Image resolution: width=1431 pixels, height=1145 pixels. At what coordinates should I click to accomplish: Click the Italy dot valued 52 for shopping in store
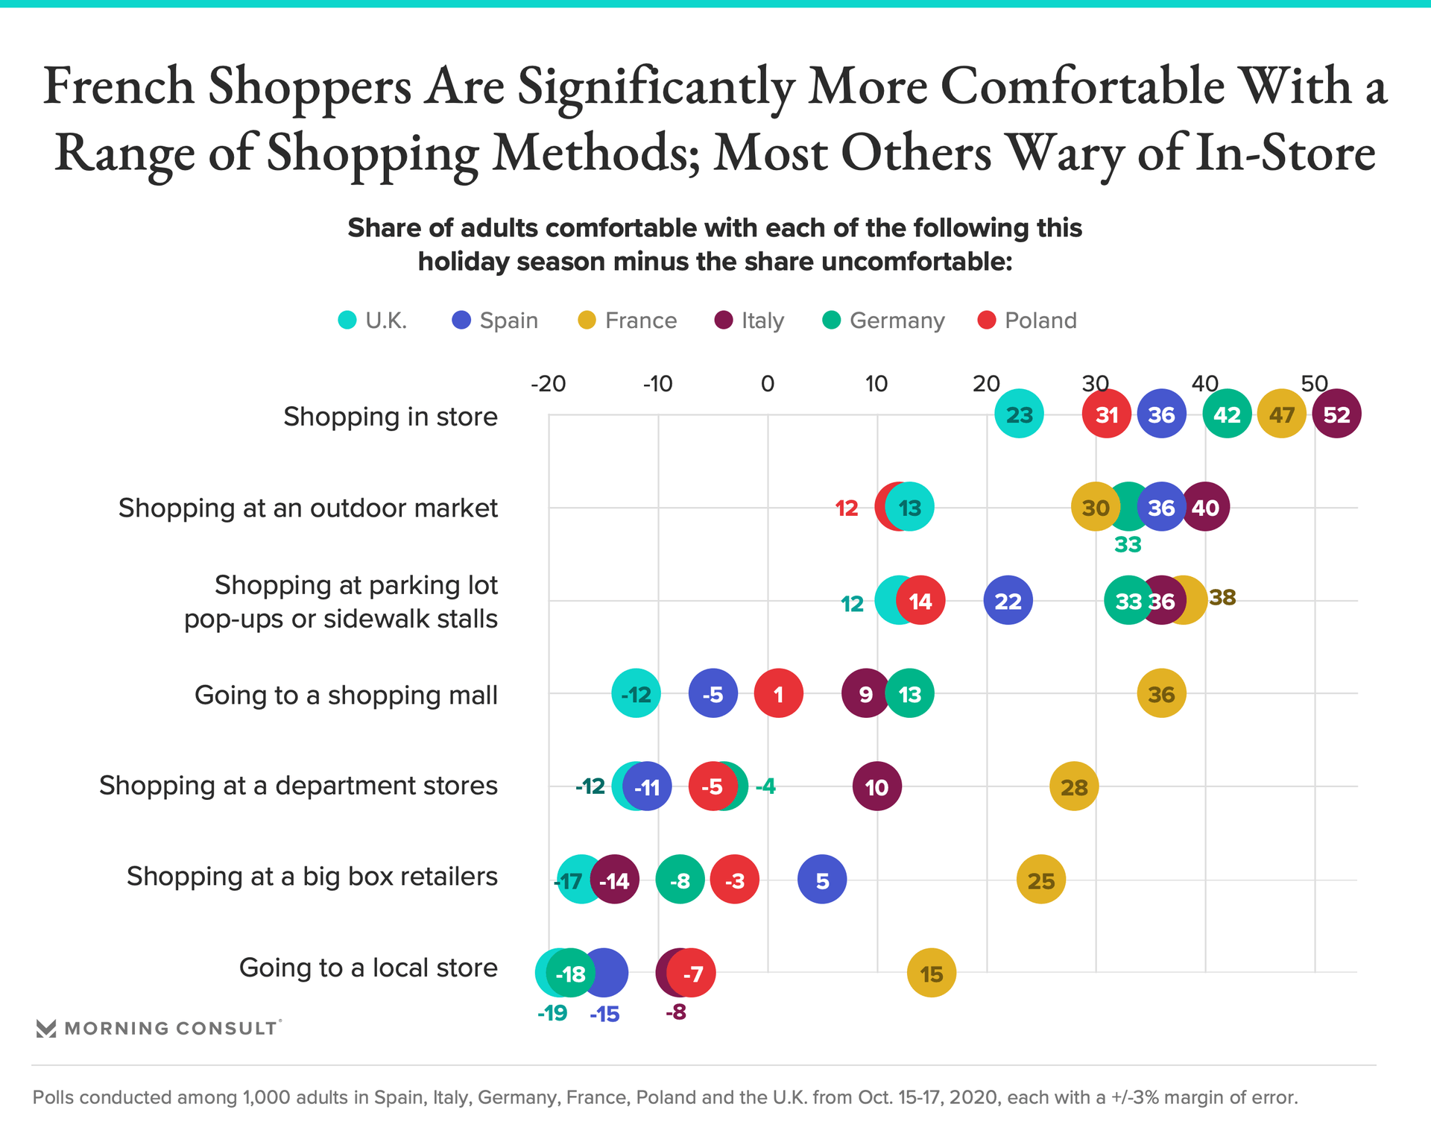(x=1336, y=414)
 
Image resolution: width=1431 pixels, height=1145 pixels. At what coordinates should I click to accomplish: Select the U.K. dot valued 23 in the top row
(x=1019, y=414)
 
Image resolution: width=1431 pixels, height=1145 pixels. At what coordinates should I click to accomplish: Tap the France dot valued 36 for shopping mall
(x=1161, y=694)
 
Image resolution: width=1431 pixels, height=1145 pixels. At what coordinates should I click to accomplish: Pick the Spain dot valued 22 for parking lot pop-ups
(x=1008, y=601)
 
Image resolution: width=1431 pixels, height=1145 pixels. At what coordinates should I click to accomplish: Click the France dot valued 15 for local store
(x=931, y=974)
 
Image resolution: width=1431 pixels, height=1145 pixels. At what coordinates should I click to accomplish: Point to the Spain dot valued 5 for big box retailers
(x=822, y=880)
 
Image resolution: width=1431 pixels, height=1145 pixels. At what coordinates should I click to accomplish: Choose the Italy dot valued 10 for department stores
(x=876, y=787)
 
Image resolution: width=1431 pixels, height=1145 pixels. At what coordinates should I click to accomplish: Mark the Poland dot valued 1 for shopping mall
(x=778, y=694)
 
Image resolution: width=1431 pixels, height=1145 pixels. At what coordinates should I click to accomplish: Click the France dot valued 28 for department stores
(x=1073, y=787)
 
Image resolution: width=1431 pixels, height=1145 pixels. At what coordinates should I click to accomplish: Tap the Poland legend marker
(x=987, y=321)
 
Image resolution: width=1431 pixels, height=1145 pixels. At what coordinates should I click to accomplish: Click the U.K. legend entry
(x=373, y=321)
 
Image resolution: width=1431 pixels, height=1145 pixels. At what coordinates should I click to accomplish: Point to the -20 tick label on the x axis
(x=548, y=384)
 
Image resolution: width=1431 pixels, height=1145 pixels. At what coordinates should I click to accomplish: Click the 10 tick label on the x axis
(x=876, y=384)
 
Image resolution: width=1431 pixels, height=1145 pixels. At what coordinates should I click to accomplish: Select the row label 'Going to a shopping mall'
(x=346, y=695)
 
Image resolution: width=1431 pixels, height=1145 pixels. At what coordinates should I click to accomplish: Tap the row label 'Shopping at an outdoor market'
(x=308, y=508)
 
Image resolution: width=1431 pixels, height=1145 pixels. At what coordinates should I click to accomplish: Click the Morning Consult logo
(x=158, y=1029)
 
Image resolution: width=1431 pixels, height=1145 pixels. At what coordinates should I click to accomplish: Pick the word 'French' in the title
(x=119, y=86)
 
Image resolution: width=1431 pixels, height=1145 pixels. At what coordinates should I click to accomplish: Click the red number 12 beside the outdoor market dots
(x=847, y=508)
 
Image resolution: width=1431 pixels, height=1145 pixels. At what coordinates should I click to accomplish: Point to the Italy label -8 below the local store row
(x=675, y=1012)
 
